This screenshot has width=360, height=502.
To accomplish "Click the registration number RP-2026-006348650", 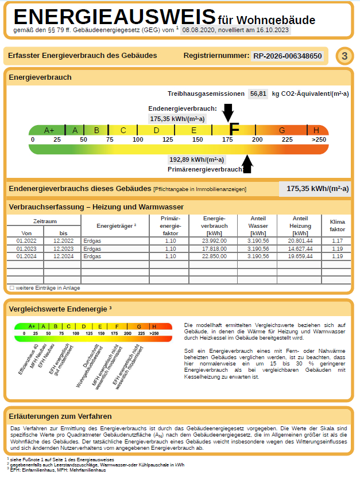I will (x=288, y=56).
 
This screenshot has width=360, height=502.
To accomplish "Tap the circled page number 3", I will (x=344, y=56).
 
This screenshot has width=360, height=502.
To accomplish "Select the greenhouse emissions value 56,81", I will (x=258, y=94).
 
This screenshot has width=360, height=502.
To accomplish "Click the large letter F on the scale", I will (x=234, y=130).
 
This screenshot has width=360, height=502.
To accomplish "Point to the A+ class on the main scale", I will (x=49, y=130).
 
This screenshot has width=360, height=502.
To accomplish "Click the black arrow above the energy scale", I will (x=228, y=112).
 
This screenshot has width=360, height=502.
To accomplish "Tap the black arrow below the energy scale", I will (x=247, y=164).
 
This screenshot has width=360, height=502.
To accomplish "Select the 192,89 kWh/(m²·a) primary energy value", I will (x=196, y=159).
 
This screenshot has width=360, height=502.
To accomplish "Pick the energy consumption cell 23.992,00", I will (x=214, y=241).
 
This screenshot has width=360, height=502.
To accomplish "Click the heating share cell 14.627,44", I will (x=300, y=248).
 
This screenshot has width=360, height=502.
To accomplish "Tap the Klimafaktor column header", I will (x=337, y=225).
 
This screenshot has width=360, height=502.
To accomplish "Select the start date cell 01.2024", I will (x=26, y=256).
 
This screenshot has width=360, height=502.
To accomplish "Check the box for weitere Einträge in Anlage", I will (x=11, y=287).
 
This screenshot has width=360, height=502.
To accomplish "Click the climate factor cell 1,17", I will (x=337, y=241).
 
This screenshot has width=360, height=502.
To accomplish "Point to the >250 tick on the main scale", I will (x=319, y=139).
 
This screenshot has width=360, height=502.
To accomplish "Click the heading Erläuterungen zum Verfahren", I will (x=60, y=416).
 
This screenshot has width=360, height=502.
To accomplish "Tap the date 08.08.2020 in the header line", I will (x=198, y=30).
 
